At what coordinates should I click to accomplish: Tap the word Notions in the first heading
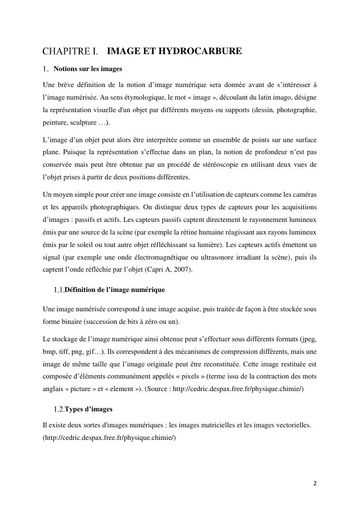(65, 69)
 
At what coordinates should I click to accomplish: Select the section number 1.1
(58, 290)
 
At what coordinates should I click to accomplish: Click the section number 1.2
(59, 409)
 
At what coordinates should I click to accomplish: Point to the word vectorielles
(292, 425)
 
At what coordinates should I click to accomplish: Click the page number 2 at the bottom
(315, 483)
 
